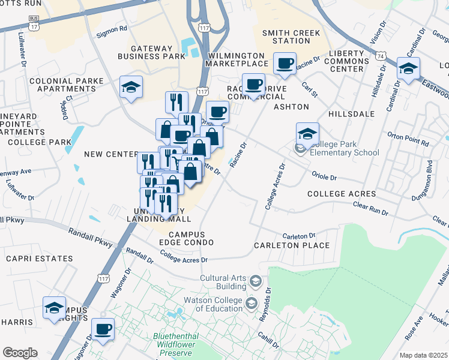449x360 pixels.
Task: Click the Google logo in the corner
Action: (x=20, y=353)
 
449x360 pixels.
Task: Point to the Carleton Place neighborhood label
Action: (x=292, y=245)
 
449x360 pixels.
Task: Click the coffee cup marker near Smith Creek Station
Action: (x=285, y=63)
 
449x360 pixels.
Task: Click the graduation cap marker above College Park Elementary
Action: (x=307, y=134)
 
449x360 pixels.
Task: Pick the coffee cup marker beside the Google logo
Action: (x=103, y=329)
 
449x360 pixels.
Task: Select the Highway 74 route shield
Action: (x=380, y=55)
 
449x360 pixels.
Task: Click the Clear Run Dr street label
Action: (x=370, y=208)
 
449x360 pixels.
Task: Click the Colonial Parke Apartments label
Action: (x=63, y=84)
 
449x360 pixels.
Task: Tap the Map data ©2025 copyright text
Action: (x=423, y=355)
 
